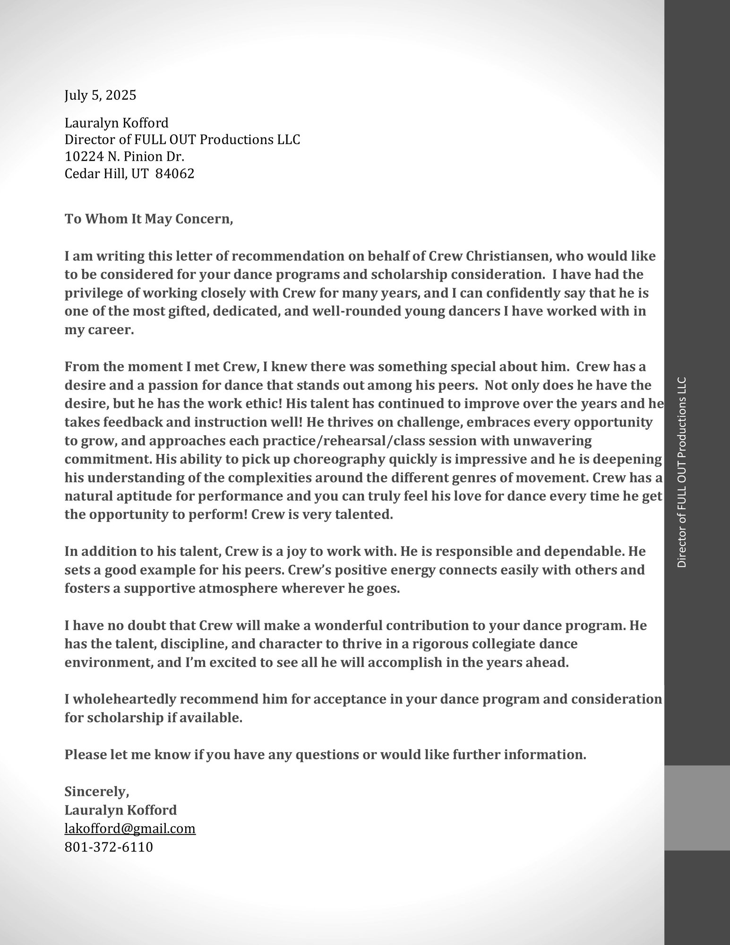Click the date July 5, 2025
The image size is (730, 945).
(100, 95)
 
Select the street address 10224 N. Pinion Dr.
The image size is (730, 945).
(124, 156)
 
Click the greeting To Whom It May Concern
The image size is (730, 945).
(148, 219)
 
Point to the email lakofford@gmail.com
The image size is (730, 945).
(130, 828)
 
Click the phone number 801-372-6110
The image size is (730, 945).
(109, 847)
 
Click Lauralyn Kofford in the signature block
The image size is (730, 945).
(120, 810)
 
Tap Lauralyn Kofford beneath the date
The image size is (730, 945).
(116, 123)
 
